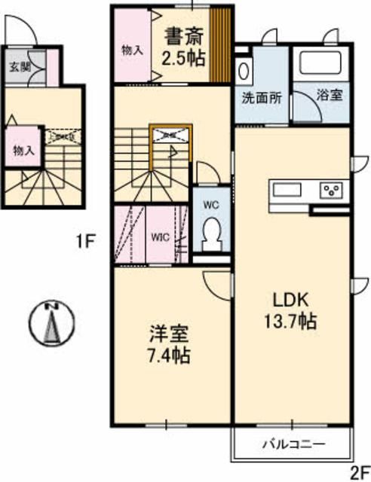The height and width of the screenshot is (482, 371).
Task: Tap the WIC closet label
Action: (x=159, y=236)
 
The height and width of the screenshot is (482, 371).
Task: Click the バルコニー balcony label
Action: (x=294, y=444)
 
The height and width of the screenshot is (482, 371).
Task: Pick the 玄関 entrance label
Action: (x=19, y=66)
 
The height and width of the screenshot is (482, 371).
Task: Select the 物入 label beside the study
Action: (x=133, y=50)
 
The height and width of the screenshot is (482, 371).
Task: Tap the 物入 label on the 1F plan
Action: (x=23, y=150)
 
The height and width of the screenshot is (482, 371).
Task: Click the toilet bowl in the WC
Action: (x=211, y=230)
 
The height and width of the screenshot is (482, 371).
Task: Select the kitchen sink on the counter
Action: (x=285, y=189)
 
